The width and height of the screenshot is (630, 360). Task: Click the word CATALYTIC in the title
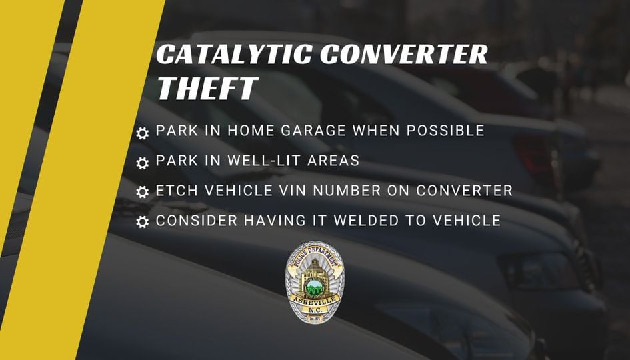pos(234,54)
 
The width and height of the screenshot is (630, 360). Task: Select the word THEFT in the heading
pos(207,89)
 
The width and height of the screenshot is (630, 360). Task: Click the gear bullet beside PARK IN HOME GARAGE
pos(142,133)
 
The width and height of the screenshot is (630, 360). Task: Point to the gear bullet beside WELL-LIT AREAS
pos(142,163)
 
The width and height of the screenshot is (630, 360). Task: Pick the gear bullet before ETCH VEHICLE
pos(142,192)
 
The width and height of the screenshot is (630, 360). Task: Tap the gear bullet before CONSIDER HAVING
pos(142,222)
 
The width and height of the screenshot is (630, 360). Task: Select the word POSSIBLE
pos(445,131)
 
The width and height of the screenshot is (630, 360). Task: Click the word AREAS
pos(333,160)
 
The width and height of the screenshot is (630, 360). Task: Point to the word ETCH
pos(177,190)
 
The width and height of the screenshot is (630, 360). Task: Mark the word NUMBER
pos(347,190)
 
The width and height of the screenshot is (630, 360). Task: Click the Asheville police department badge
pos(315,282)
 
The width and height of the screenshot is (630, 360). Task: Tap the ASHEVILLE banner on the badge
pos(315,301)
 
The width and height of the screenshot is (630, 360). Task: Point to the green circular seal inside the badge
pos(315,287)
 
